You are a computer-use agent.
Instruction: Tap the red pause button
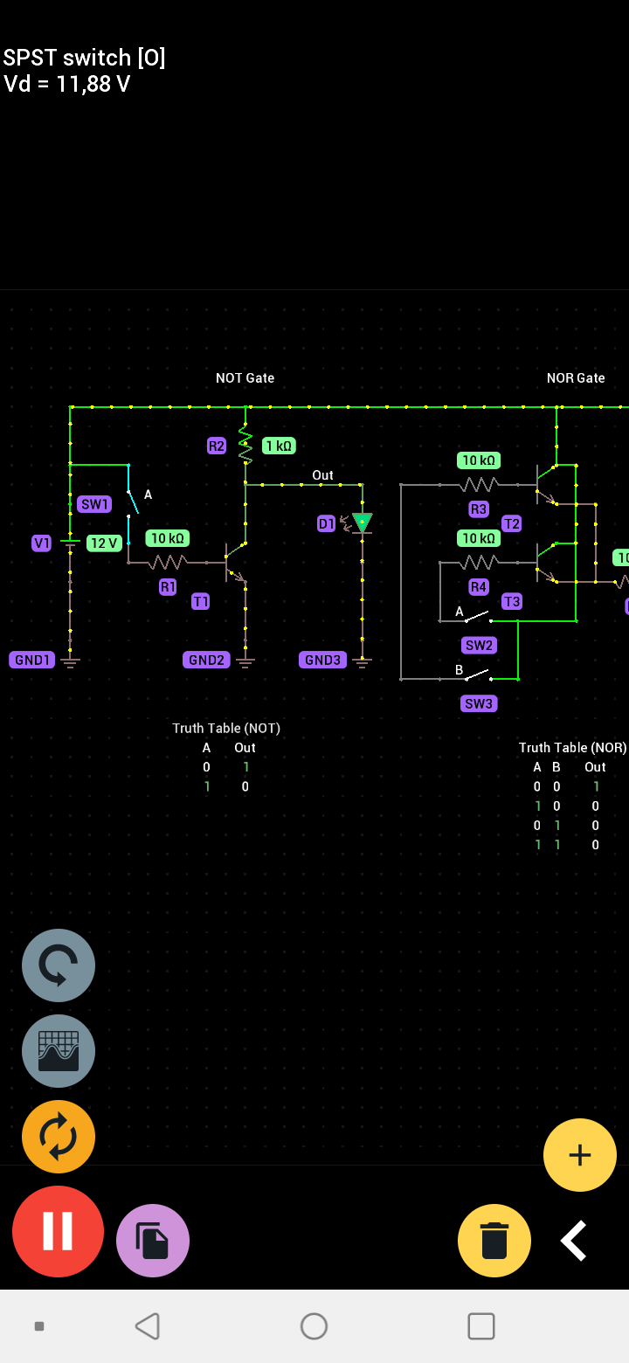[x=58, y=1231]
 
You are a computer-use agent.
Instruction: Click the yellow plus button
[x=580, y=1155]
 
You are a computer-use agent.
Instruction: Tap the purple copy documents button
[x=153, y=1241]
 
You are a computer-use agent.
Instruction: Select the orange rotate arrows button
[x=59, y=1137]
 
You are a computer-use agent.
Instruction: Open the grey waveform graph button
[x=59, y=1051]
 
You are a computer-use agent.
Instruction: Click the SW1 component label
[x=94, y=504]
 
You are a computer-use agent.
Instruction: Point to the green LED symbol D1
[x=362, y=522]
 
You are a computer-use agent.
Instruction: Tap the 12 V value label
[x=104, y=543]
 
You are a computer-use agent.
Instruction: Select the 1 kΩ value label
[x=279, y=446]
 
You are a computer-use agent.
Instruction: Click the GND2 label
[x=206, y=660]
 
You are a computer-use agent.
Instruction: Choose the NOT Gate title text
[x=245, y=378]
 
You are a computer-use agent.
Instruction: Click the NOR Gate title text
[x=576, y=378]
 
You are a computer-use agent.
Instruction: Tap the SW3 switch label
[x=479, y=703]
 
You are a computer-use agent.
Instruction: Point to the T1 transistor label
[x=201, y=601]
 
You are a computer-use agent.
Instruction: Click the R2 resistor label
[x=217, y=446]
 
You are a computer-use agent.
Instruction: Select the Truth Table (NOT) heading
[x=226, y=728]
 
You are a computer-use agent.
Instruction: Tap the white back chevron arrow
[x=573, y=1241]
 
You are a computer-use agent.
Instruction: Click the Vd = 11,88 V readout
[x=67, y=84]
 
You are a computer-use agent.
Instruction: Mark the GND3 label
[x=322, y=660]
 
